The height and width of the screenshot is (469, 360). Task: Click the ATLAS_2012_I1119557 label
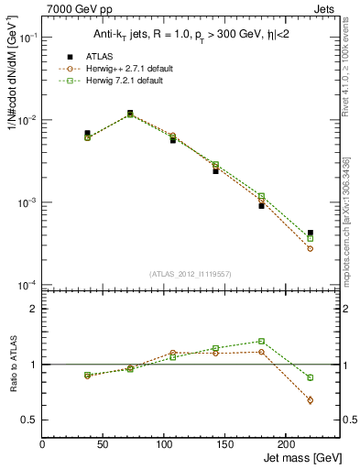point(191,274)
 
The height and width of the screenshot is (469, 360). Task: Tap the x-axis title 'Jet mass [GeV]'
point(303,456)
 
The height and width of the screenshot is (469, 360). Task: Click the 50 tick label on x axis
point(103,444)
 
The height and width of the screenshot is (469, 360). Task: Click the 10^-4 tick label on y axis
point(27,286)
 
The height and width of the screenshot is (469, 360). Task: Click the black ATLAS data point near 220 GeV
point(311,233)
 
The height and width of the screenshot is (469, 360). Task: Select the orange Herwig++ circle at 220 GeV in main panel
point(311,248)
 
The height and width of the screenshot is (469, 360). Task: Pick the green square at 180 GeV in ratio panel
point(261,341)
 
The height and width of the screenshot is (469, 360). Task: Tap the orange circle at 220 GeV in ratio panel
point(311,400)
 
